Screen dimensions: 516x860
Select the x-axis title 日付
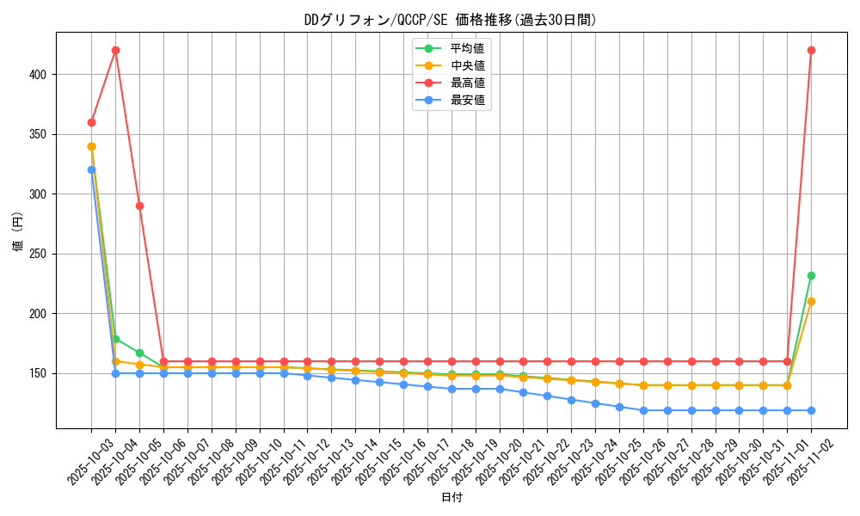(451, 498)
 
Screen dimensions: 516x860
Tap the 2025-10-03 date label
(86, 460)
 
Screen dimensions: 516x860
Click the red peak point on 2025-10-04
(115, 51)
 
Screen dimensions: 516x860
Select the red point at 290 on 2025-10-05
(139, 206)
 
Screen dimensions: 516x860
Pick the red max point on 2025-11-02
(811, 51)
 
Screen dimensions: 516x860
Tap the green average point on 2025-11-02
(811, 275)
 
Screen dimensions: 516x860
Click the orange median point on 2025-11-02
(811, 301)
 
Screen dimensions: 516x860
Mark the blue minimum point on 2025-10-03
(91, 169)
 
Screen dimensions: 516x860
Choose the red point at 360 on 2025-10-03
(91, 122)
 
